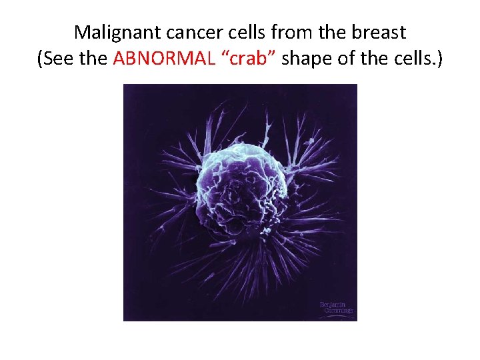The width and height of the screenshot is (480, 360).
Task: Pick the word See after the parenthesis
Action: [57, 59]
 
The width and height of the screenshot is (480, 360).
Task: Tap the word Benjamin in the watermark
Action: [335, 304]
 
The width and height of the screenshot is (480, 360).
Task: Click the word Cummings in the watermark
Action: [337, 311]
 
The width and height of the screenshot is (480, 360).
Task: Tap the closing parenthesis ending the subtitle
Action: [441, 59]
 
